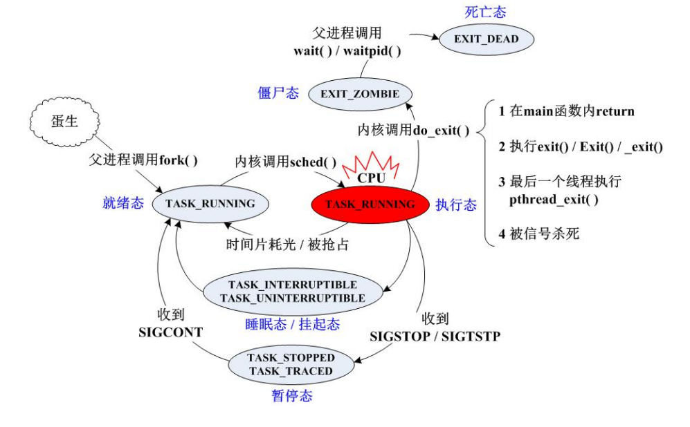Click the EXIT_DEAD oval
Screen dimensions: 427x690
coord(487,39)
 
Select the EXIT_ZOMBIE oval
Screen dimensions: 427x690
coord(359,94)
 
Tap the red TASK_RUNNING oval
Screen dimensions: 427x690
coord(370,204)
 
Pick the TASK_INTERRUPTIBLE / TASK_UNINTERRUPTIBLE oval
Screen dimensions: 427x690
coord(293,292)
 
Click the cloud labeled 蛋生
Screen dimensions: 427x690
coord(64,122)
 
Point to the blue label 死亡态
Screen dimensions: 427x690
coord(484,12)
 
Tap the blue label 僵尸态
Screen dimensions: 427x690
coord(278,93)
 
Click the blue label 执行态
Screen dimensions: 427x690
coord(456,205)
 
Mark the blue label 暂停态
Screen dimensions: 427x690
coord(291,396)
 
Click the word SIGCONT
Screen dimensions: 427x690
coord(170,332)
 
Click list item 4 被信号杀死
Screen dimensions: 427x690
coord(539,234)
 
